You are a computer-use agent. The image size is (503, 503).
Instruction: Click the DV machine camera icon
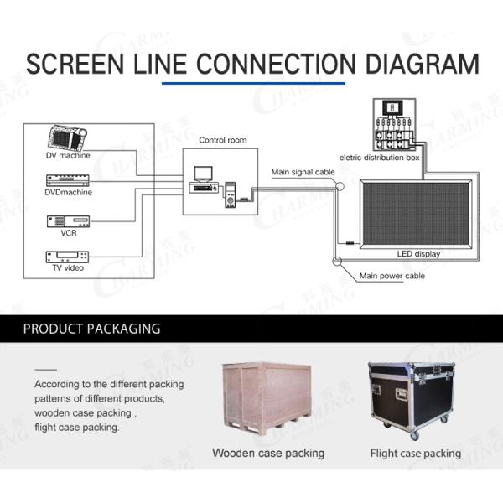tap(67, 137)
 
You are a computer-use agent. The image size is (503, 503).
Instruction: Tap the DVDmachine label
tap(69, 192)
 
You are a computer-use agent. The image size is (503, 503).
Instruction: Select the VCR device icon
tap(68, 221)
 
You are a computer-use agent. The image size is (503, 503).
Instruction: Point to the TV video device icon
tap(67, 257)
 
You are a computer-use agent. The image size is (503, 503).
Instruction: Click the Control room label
tap(223, 140)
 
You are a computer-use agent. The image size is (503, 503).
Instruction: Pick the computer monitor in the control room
tap(203, 174)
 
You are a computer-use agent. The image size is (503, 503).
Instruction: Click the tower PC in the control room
tap(230, 194)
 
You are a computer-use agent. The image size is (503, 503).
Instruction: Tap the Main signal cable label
tap(303, 172)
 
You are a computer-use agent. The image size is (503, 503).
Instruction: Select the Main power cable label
tap(392, 276)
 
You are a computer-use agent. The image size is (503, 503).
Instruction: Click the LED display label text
tap(418, 254)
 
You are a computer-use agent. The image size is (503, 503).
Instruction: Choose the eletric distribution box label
tap(380, 158)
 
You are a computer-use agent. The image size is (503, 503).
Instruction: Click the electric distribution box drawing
tap(395, 124)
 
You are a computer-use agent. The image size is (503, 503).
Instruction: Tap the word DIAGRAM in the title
tap(423, 64)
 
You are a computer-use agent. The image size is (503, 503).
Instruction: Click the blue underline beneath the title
tap(253, 83)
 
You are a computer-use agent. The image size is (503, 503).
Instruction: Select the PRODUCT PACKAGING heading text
tap(91, 329)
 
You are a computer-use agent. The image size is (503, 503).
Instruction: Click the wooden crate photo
tap(267, 399)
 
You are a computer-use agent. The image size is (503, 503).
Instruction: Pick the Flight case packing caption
tap(416, 454)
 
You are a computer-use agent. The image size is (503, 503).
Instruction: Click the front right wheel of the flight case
tap(415, 434)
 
